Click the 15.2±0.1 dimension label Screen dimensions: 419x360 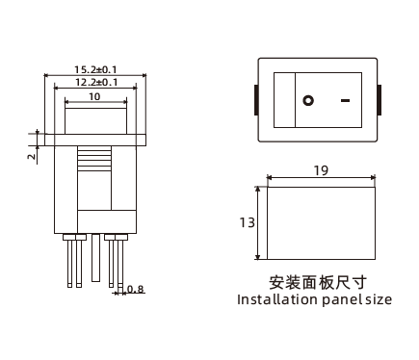click(x=95, y=69)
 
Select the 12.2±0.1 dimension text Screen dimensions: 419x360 click(x=96, y=83)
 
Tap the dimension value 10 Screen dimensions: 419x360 click(x=94, y=96)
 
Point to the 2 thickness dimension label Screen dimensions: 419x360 click(x=32, y=156)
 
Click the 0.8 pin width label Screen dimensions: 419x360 click(x=135, y=289)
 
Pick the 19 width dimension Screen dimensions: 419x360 click(x=321, y=170)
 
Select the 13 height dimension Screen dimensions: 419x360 click(x=247, y=222)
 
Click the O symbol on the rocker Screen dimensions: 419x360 click(x=308, y=100)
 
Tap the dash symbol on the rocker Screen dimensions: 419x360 click(x=345, y=100)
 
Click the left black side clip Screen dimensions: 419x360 click(x=256, y=100)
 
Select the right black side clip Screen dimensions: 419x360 click(x=380, y=100)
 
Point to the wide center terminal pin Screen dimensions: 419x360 click(x=95, y=258)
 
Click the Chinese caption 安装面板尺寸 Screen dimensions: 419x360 click(x=318, y=283)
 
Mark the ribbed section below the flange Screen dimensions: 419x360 click(x=94, y=158)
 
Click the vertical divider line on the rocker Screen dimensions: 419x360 click(x=295, y=100)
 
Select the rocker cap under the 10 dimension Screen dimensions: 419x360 click(x=96, y=121)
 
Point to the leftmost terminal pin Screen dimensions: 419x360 click(x=69, y=261)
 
